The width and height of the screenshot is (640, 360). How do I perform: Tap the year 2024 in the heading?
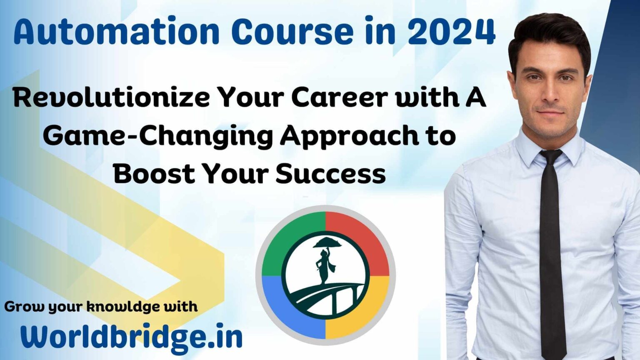click(x=451, y=31)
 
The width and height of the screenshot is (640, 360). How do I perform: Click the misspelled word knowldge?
click(x=123, y=307)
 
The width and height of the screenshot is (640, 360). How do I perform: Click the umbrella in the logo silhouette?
click(x=327, y=243)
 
